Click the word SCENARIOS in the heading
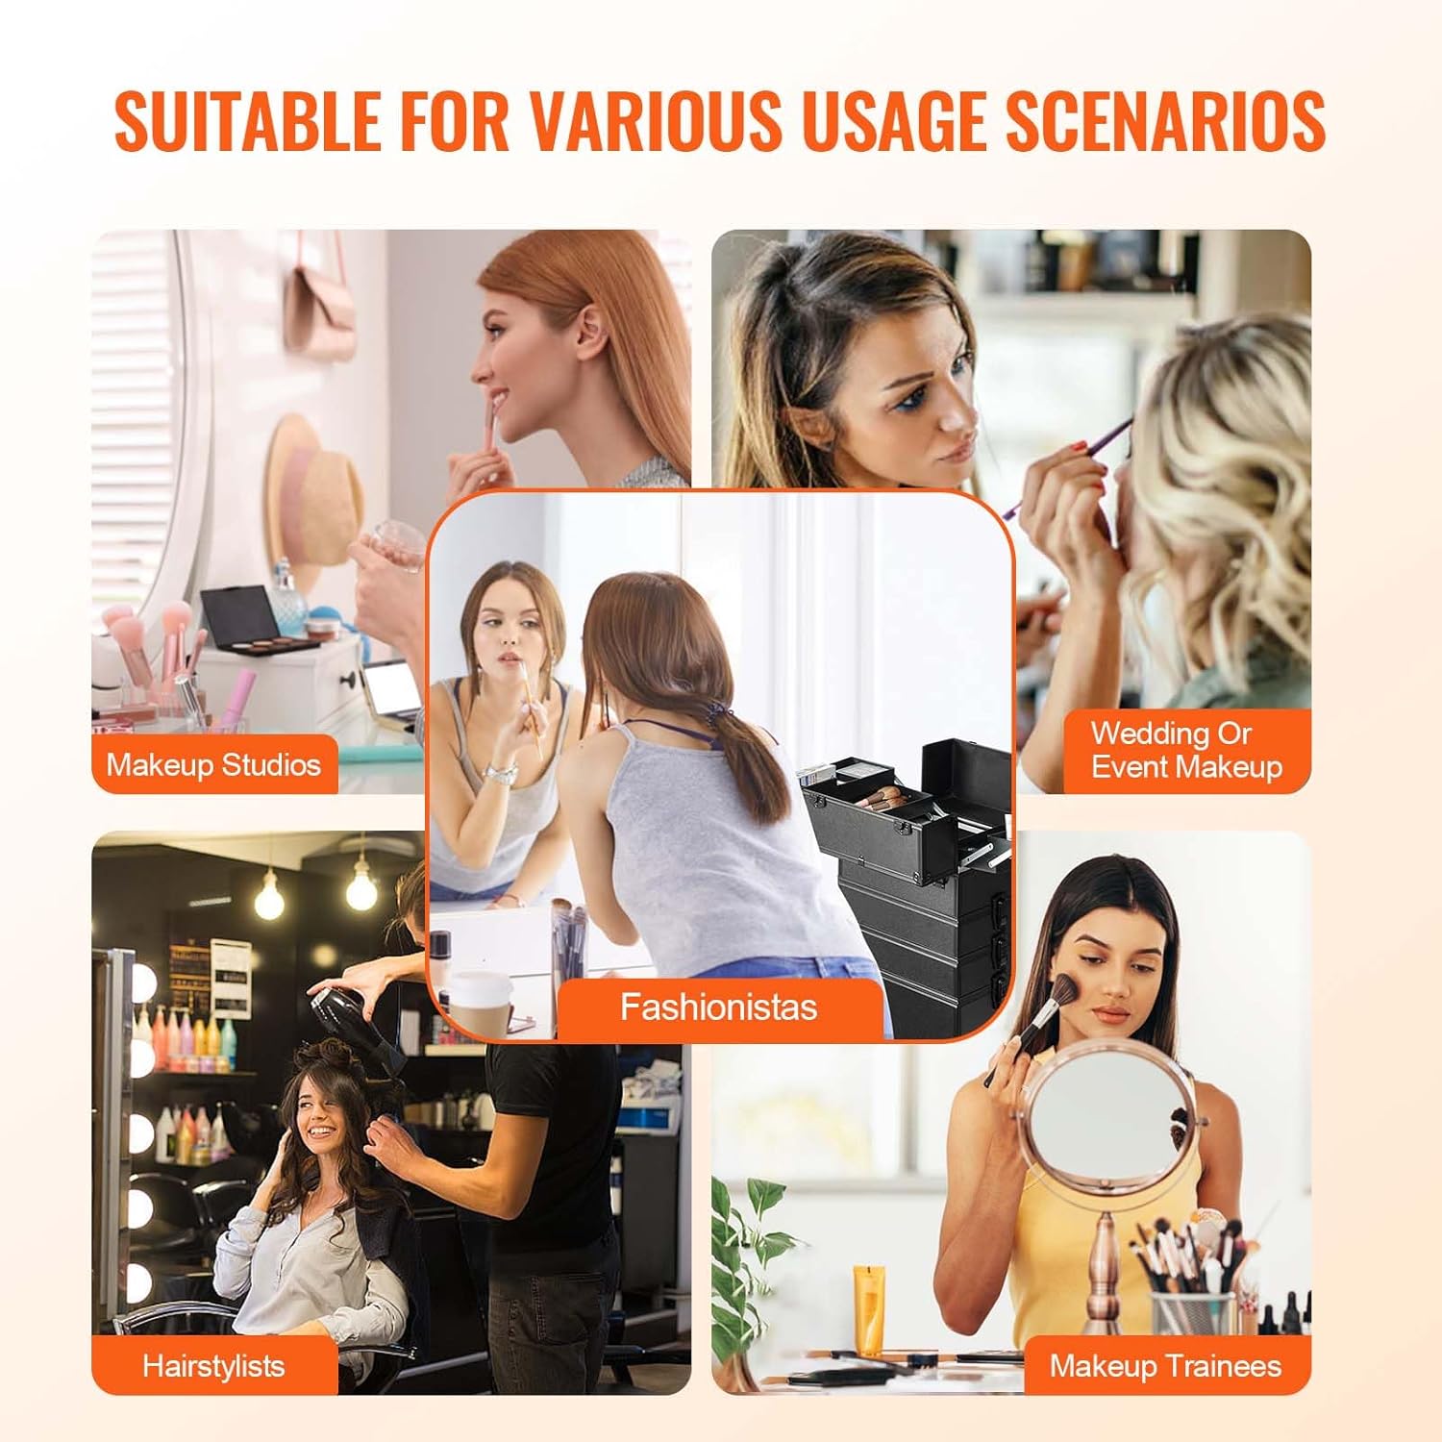pos(1165,121)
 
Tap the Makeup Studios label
pos(213,765)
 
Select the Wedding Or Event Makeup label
pos(1185,751)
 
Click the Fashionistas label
pos(718,1007)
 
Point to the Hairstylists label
pos(213,1365)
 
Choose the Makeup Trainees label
pos(1165,1365)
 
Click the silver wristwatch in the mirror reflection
pos(501,771)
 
